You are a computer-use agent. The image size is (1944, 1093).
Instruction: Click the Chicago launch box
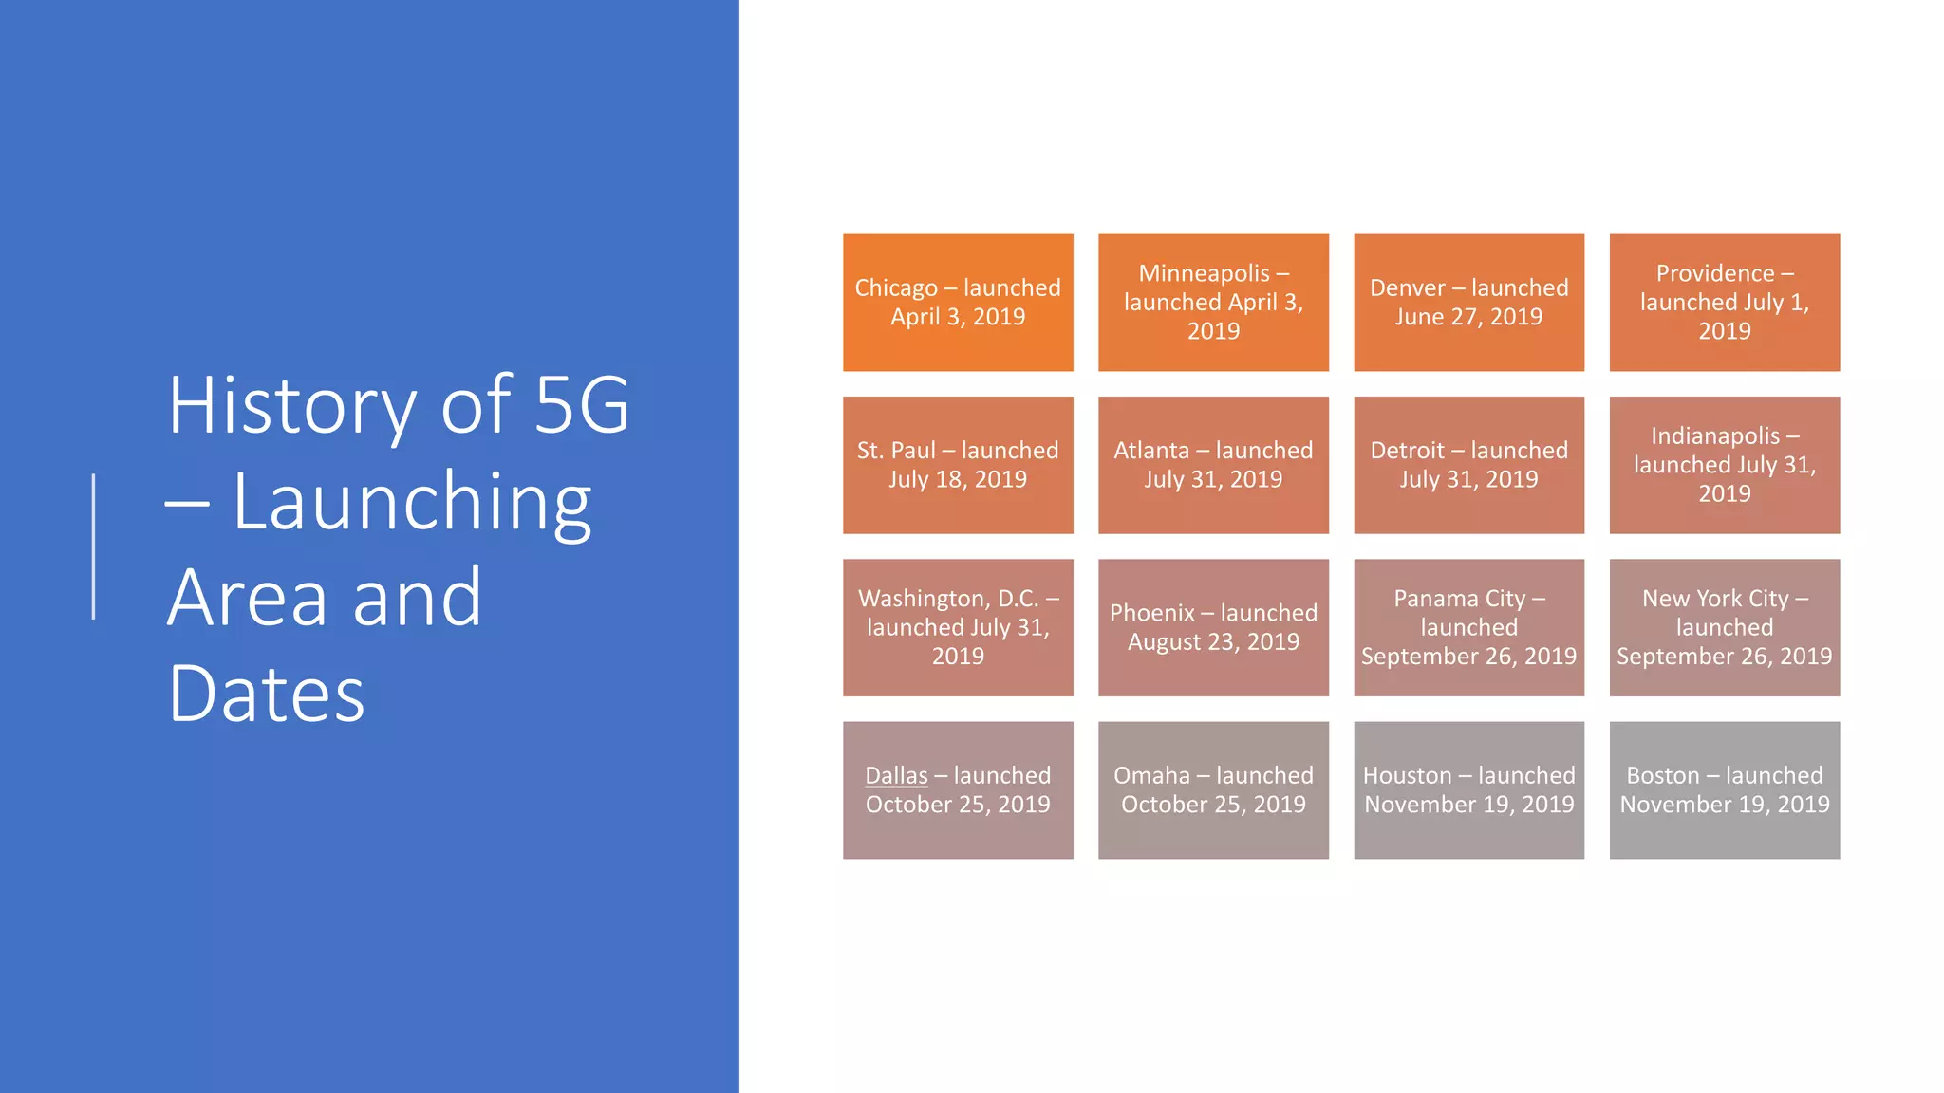coord(958,302)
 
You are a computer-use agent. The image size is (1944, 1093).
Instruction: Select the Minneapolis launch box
coord(1213,302)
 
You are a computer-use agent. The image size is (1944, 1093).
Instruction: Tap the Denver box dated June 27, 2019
coord(1468,302)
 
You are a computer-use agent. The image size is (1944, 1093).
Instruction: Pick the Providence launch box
coord(1724,302)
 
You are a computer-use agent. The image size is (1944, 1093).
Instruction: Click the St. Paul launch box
coord(958,465)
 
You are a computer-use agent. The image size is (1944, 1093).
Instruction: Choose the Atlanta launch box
coord(1213,465)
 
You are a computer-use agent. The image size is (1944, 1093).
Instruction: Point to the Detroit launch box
coord(1468,465)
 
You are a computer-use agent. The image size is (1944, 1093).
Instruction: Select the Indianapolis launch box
coord(1724,465)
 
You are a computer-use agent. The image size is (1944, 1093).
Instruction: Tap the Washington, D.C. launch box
coord(958,627)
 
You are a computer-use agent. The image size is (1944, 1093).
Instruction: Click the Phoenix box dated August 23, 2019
coord(1213,627)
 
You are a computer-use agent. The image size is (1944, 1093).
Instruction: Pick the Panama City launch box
coord(1468,627)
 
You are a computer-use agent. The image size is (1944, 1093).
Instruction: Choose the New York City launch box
coord(1724,627)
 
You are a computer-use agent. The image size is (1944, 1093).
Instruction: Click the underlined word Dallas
coord(896,776)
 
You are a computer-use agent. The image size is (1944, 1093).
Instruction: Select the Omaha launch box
coord(1213,789)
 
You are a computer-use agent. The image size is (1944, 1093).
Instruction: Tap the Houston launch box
coord(1468,789)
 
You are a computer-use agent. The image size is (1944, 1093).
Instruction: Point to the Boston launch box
coord(1724,789)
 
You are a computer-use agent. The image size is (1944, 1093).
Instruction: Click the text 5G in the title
coord(582,405)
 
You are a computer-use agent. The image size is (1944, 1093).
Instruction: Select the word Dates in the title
coord(267,695)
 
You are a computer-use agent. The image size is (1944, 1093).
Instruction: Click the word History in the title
coord(291,405)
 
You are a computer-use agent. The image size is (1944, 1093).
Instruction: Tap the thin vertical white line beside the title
coord(93,546)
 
